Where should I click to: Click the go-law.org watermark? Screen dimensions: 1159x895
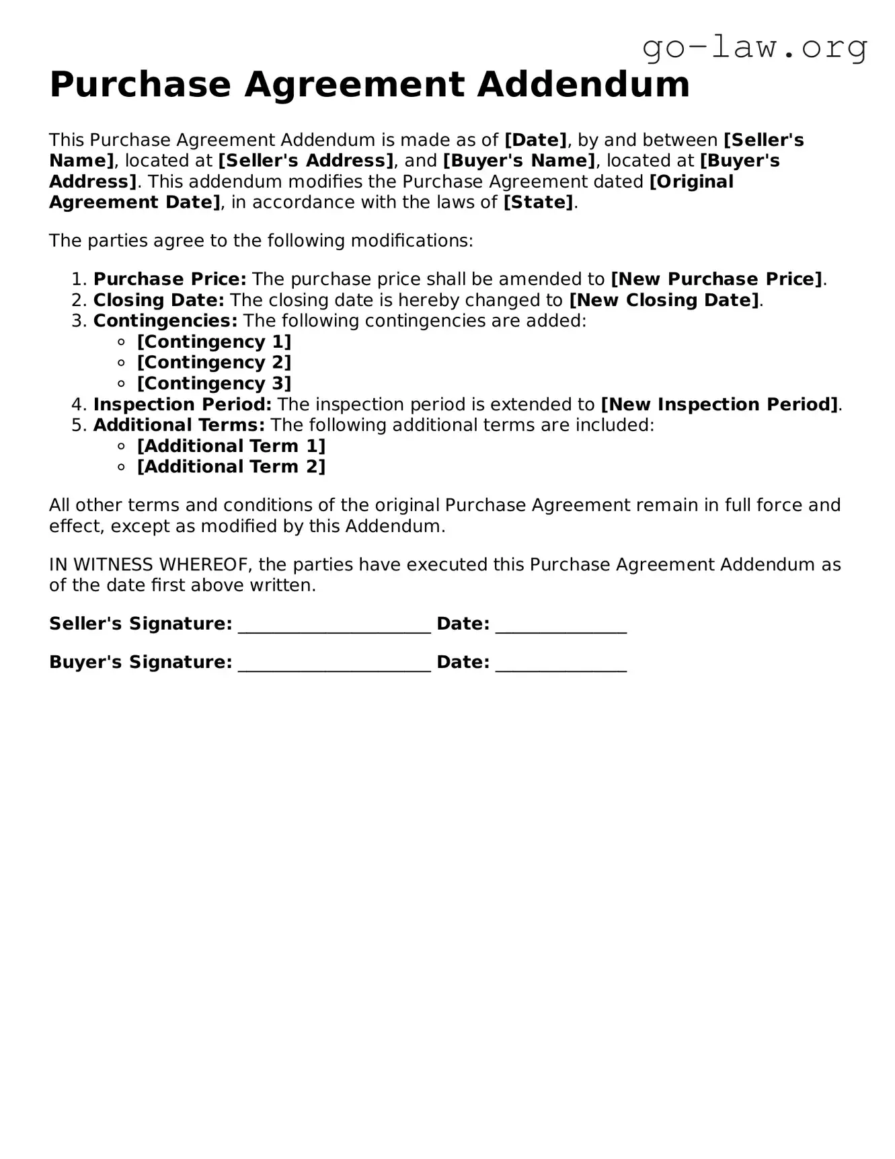pyautogui.click(x=754, y=48)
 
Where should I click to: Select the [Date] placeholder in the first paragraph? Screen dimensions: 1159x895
pyautogui.click(x=535, y=140)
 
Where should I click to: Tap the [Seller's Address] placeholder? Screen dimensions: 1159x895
pyautogui.click(x=306, y=161)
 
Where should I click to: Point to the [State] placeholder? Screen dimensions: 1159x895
pyautogui.click(x=538, y=202)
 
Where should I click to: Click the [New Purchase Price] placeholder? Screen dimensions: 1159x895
pyautogui.click(x=716, y=279)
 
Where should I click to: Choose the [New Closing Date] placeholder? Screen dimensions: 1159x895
pyautogui.click(x=664, y=300)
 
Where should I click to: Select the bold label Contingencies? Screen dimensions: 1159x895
pyautogui.click(x=165, y=321)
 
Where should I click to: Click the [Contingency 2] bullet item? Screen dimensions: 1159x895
pyautogui.click(x=214, y=363)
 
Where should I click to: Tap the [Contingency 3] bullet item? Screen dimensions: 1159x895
pyautogui.click(x=214, y=383)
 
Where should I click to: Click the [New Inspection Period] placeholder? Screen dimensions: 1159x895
pyautogui.click(x=719, y=404)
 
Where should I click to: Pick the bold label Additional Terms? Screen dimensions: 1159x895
pyautogui.click(x=179, y=425)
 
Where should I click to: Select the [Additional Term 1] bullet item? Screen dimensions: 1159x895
pyautogui.click(x=231, y=446)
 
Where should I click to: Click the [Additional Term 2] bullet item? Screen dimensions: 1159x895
pyautogui.click(x=231, y=467)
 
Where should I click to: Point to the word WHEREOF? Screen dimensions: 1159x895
pyautogui.click(x=212, y=564)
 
